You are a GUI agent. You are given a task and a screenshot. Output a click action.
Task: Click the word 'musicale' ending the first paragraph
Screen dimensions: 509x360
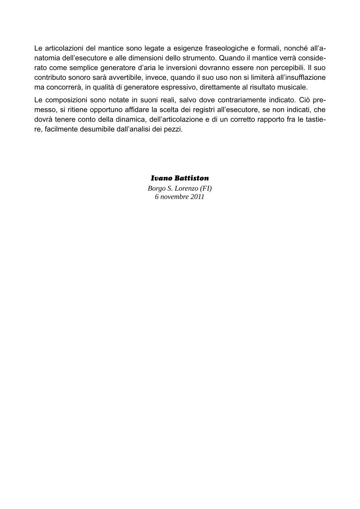pos(293,87)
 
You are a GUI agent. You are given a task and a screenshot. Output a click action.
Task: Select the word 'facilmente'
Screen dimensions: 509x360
pos(60,129)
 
